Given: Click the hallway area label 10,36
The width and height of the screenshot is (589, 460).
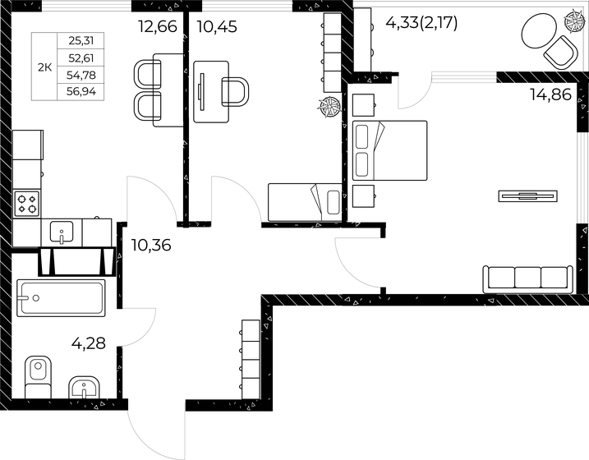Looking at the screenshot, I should click(x=150, y=245).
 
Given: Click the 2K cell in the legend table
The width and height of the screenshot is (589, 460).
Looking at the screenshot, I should click(x=44, y=67).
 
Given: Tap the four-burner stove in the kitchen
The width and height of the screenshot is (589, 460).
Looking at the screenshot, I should click(x=27, y=203).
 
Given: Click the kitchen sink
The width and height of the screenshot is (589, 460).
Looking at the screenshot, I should click(x=62, y=232).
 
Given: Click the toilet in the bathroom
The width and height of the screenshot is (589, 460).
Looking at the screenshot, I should click(x=38, y=379).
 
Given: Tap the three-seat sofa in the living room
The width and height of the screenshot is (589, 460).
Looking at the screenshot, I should click(x=527, y=278).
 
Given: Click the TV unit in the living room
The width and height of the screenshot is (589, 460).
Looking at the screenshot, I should click(x=528, y=195).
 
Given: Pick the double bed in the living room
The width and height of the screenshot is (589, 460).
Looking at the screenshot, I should click(x=389, y=150).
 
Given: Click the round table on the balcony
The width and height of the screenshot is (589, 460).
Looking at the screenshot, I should click(x=536, y=34).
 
